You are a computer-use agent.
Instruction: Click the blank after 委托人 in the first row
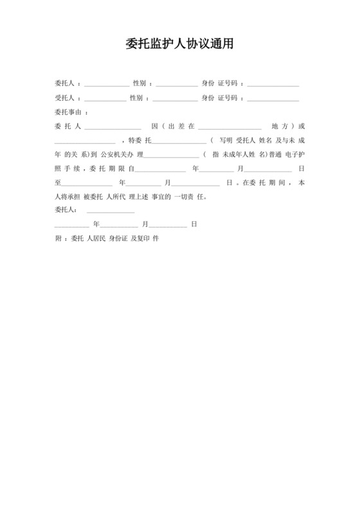[106, 84]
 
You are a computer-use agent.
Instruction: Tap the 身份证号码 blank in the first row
[273, 84]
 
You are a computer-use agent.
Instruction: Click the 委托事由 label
[69, 112]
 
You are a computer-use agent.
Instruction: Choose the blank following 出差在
[230, 126]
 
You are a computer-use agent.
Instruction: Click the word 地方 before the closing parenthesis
[278, 126]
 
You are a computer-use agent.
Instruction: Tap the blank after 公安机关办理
[172, 154]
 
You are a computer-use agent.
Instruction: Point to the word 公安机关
[113, 154]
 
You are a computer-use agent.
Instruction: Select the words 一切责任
[190, 197]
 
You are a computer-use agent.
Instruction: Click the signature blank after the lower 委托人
[110, 210]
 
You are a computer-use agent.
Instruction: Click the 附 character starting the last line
[58, 238]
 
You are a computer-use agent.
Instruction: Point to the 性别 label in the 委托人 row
[139, 84]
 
